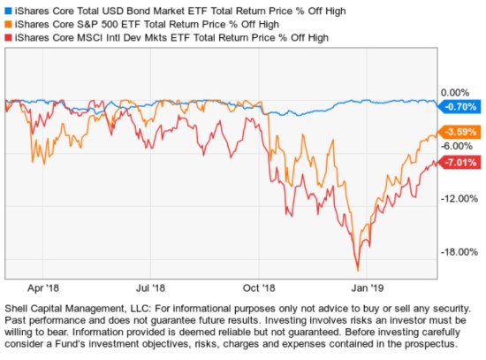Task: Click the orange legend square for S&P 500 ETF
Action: pos(8,24)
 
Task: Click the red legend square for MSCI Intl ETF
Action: pos(8,38)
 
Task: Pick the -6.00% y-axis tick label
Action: pos(458,146)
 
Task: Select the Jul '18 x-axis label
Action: pos(151,287)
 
